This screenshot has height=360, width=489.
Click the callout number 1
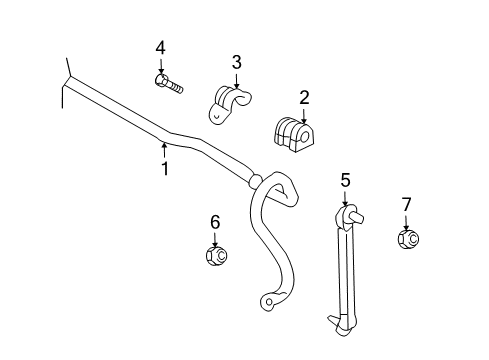coord(166,169)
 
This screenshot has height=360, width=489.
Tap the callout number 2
coord(304,98)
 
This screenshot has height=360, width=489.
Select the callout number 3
coord(237,62)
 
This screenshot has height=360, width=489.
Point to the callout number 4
coord(160,47)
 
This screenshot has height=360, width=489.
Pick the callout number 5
coord(345,180)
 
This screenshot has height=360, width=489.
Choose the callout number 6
coord(214,222)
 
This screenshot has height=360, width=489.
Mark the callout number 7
coord(406,205)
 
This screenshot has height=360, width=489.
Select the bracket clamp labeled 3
coord(228,102)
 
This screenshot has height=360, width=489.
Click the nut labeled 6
coord(215,256)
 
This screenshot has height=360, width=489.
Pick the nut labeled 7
coord(407,240)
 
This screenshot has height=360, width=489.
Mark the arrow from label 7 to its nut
coord(406,221)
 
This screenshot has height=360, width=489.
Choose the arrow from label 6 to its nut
coord(214,239)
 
